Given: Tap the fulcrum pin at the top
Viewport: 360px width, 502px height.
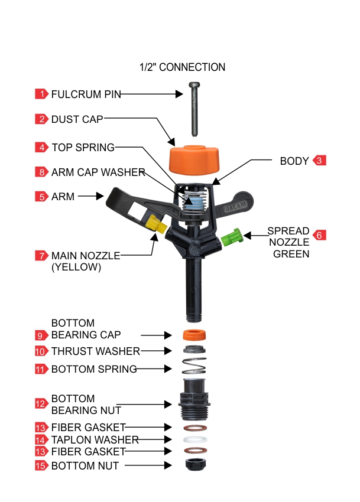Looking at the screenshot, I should (194, 109).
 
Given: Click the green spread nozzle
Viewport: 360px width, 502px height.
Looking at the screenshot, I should (232, 237).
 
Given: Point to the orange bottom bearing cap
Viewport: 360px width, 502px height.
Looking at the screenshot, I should (194, 334).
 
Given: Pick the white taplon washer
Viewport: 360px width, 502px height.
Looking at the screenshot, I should (194, 440).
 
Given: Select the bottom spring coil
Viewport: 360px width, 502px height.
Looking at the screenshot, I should (194, 368).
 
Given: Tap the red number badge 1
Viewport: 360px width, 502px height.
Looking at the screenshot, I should (41, 94).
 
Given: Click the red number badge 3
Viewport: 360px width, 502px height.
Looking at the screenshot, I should (319, 161).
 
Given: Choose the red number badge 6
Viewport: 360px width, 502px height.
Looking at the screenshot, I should (319, 234).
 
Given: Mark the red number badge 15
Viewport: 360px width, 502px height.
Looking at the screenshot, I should (41, 466).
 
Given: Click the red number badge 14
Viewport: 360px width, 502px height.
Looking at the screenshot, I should (41, 440).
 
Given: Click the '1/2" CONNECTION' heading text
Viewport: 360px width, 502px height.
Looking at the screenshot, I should (182, 67).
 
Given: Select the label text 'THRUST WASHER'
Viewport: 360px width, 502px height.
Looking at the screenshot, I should (96, 351).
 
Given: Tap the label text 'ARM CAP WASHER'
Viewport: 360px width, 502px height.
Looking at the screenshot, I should (98, 172).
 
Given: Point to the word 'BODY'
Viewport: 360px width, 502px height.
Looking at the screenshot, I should (294, 161).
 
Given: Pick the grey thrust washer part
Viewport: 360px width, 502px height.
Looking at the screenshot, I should (194, 350).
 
